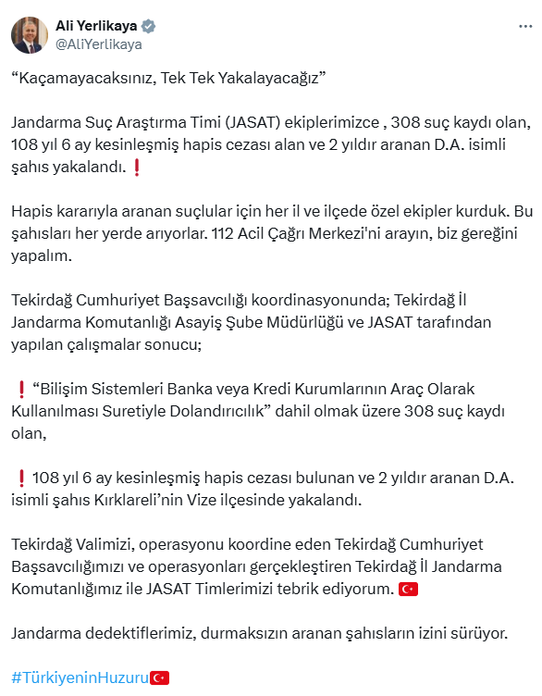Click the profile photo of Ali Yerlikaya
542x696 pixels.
pos(30,34)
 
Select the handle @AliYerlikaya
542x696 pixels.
pos(99,43)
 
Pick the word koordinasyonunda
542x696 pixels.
pos(319,299)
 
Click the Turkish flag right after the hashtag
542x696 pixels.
pos(159,677)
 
